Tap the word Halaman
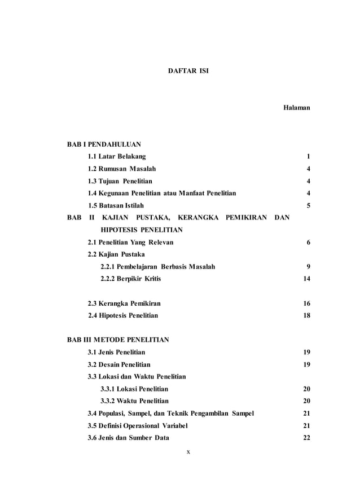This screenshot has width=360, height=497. pyautogui.click(x=297, y=107)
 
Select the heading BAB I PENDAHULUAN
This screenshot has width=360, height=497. pyautogui.click(x=104, y=144)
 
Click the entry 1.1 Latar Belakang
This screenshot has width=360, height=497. pyautogui.click(x=117, y=156)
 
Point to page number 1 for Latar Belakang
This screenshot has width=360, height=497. pyautogui.click(x=309, y=156)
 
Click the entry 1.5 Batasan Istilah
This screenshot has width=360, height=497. pyautogui.click(x=116, y=205)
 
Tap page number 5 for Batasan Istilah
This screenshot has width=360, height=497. pyautogui.click(x=309, y=205)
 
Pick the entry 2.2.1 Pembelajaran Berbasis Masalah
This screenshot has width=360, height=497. pyautogui.click(x=157, y=266)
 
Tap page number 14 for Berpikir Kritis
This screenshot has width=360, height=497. pyautogui.click(x=307, y=279)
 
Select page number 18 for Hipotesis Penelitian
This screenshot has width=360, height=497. pyautogui.click(x=307, y=315)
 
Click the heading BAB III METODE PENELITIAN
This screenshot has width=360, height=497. pyautogui.click(x=118, y=340)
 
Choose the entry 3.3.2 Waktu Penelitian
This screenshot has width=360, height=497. pyautogui.click(x=134, y=401)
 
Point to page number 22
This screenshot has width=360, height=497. pyautogui.click(x=307, y=438)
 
